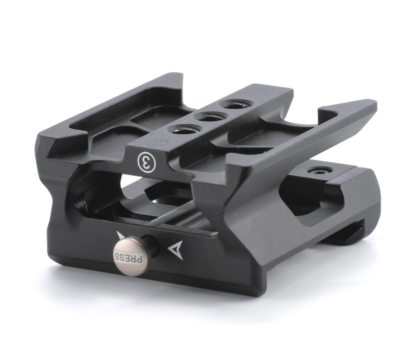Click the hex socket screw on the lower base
pyautogui.click(x=318, y=171)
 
